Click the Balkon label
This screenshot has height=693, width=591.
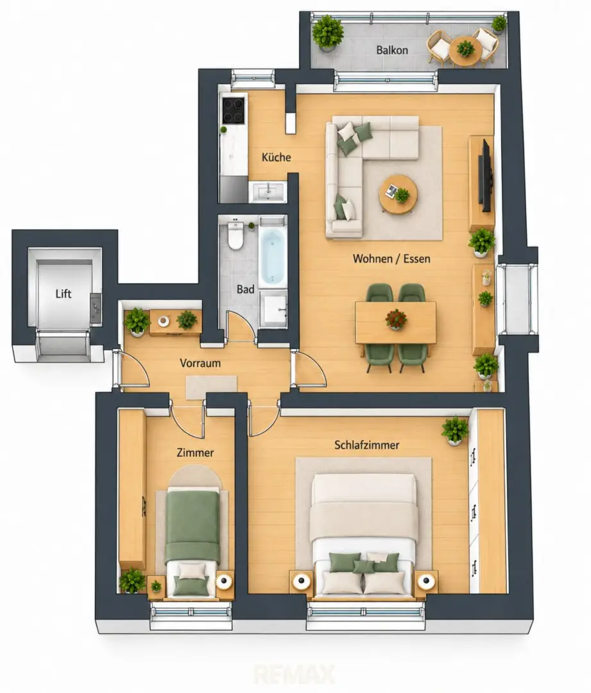pos(391,50)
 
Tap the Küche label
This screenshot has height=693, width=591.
pos(277,157)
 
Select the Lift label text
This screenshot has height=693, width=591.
pos(64,294)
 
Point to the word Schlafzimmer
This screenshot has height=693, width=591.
pos(366,445)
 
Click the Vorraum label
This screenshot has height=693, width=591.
pos(200,363)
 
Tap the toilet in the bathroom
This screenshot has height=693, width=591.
pos(235,235)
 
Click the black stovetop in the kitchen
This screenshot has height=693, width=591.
pos(234,110)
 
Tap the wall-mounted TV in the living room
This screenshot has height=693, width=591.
pos(486,175)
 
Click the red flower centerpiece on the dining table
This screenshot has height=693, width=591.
pos(396,319)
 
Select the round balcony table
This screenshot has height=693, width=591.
pos(465,51)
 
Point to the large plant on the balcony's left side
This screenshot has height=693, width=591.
pos(327,33)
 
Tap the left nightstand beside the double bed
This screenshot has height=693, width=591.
pos(301,581)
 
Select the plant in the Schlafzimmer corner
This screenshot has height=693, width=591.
pos(455,430)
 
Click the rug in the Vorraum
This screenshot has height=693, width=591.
pos(211,388)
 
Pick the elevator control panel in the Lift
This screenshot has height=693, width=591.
pos(96,308)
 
